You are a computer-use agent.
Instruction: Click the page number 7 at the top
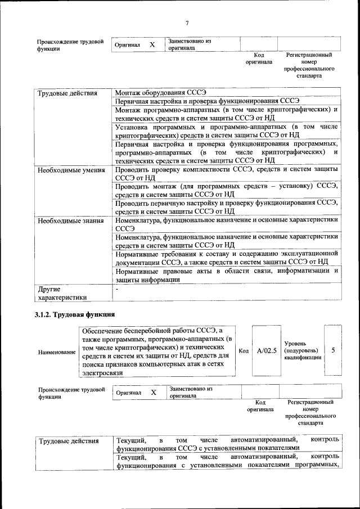tap(187, 23)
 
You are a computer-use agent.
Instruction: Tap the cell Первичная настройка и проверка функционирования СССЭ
tap(207, 102)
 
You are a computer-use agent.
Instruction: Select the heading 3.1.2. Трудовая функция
tap(75, 314)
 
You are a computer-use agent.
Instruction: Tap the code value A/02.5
tap(266, 351)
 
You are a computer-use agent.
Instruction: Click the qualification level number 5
tap(333, 350)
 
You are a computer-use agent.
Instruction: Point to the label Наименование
tap(57, 352)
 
